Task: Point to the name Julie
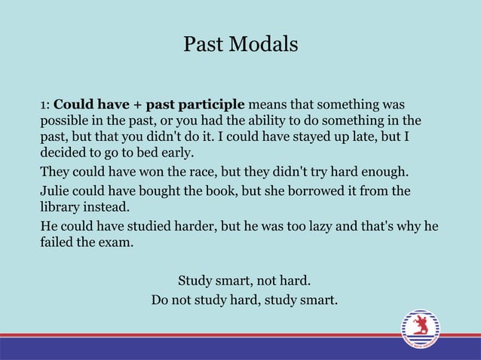(x=56, y=191)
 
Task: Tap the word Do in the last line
(x=160, y=301)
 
